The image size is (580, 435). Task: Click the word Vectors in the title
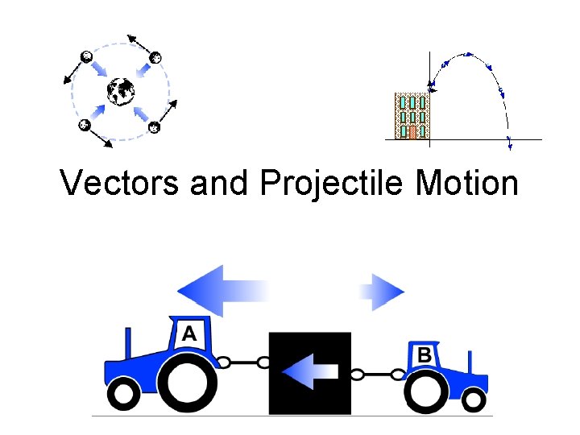pos(120,184)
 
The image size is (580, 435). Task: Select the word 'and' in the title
pos(220,184)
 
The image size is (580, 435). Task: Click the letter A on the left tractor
pos(189,333)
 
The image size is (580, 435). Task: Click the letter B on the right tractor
pos(424,354)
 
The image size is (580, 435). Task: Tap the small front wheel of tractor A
pos(124,395)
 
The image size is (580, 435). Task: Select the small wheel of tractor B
pos(474,399)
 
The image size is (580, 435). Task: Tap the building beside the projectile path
pos(412,115)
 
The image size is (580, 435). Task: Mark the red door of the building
pos(412,131)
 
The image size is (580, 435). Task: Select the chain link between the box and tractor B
pos(376,374)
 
